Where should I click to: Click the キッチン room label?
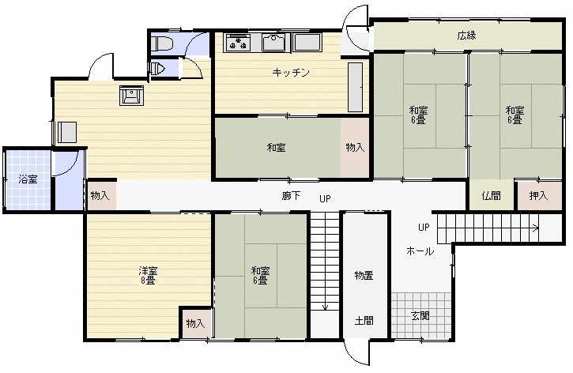291,73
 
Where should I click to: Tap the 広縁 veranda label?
466,36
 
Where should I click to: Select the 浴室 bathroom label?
28,179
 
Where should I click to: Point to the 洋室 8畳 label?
148,276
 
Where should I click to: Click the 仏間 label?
491,196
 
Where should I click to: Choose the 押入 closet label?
539,196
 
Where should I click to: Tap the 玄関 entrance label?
420,315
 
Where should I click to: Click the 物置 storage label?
364,275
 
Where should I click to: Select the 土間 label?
364,321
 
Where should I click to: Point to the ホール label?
420,251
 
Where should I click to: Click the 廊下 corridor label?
291,196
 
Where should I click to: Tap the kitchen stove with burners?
238,43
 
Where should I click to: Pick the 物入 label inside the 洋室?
195,323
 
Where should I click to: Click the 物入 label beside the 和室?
355,148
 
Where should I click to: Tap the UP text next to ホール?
424,228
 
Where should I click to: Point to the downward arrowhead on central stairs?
326,307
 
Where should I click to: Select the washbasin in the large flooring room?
131,96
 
